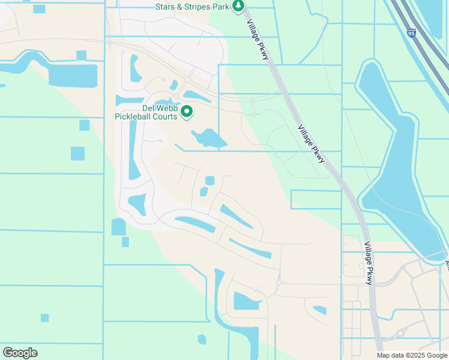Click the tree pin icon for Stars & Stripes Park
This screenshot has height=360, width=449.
pyautogui.click(x=239, y=6)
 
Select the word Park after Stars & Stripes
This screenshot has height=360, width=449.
pyautogui.click(x=223, y=7)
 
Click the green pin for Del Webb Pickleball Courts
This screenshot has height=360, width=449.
pyautogui.click(x=187, y=111)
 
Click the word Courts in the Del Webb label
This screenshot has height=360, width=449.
pyautogui.click(x=165, y=116)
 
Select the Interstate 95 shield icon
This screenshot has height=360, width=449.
pyautogui.click(x=411, y=34)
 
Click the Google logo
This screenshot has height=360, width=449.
pyautogui.click(x=20, y=352)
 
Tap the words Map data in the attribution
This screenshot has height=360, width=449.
pyautogui.click(x=391, y=355)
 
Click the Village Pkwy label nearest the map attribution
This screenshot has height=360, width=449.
pyautogui.click(x=369, y=264)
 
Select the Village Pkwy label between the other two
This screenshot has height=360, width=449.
pyautogui.click(x=312, y=144)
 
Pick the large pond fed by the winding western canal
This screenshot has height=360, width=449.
pyautogui.click(x=72, y=75)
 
